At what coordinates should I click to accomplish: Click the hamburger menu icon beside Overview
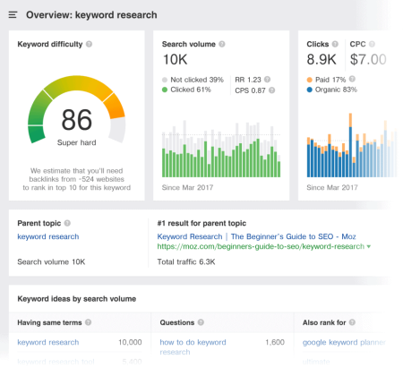click(x=13, y=15)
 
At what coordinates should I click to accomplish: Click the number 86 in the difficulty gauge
click(x=77, y=119)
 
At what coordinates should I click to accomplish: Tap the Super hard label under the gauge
click(x=77, y=142)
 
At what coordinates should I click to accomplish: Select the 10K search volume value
click(x=176, y=59)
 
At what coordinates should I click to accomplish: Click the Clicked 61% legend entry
click(x=188, y=90)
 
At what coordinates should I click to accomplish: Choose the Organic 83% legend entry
click(x=337, y=90)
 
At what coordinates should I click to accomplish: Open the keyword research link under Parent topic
click(x=48, y=236)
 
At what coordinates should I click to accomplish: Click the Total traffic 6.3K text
click(x=186, y=261)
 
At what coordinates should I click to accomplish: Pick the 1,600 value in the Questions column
click(x=275, y=342)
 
